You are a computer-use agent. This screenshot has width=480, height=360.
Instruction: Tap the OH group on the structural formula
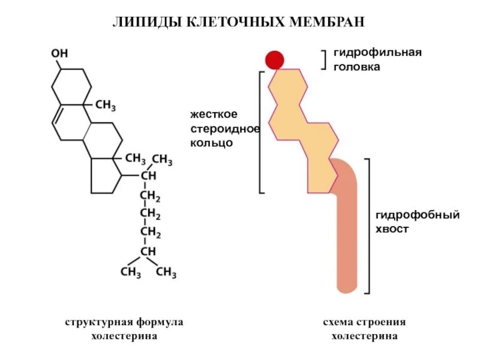[x=59, y=53]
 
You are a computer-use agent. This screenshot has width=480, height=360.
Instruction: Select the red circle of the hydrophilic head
[x=275, y=59]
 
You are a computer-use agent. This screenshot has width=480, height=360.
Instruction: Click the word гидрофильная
[x=378, y=52]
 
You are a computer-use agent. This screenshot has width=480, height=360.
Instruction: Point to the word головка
[x=357, y=67]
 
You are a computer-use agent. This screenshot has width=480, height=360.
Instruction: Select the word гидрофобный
[x=418, y=214]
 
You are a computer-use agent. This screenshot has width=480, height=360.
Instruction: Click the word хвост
[x=392, y=229]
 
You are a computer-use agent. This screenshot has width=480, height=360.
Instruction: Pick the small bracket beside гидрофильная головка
[x=324, y=60]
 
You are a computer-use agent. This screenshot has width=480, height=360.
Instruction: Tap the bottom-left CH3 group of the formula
[x=131, y=272]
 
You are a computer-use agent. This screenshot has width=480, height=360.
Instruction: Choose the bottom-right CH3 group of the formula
[x=166, y=272]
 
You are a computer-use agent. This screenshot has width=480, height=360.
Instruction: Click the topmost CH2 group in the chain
[x=149, y=196]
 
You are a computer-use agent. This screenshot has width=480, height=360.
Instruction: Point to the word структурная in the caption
[x=95, y=322]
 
